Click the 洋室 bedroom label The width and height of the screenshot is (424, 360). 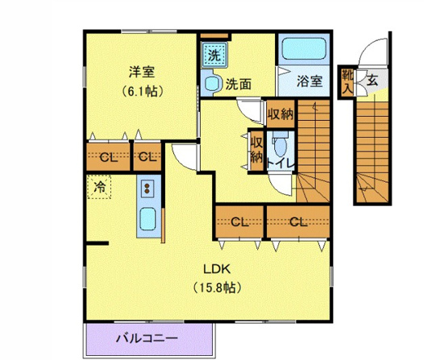(142, 72)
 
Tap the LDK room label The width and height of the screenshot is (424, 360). (217, 269)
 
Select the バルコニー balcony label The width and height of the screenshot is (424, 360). (148, 338)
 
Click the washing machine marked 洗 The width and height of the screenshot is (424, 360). (214, 55)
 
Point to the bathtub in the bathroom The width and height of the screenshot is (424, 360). (304, 48)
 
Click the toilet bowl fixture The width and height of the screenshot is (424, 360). (280, 143)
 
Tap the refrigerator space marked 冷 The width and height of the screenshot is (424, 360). (99, 187)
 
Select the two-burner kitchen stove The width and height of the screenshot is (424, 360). (148, 188)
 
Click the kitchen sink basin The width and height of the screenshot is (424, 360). (148, 219)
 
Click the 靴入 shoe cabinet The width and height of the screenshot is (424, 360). (347, 82)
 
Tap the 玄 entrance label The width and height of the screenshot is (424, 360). (372, 81)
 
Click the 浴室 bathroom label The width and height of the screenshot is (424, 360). (310, 81)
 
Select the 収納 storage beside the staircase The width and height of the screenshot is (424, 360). (281, 114)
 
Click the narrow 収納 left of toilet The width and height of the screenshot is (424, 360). (256, 151)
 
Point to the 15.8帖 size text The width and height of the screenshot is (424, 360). (217, 288)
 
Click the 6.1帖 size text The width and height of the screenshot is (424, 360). (142, 91)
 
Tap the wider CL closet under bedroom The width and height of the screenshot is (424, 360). (109, 156)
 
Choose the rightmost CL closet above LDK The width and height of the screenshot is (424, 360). (298, 222)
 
